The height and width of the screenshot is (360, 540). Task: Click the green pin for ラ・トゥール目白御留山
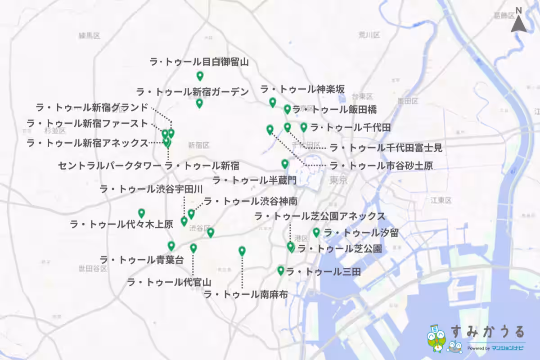pos(200,76)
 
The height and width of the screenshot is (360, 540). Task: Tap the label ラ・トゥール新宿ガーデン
pos(192,92)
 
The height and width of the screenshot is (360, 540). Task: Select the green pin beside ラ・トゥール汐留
pos(316,232)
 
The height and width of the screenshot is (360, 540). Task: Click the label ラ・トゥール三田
pos(323,271)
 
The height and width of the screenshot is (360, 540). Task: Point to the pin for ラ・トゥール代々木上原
pos(141,213)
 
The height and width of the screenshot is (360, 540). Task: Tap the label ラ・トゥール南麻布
pos(246,295)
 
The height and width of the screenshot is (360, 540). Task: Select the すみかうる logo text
pos(487,332)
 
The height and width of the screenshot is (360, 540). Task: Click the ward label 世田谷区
pos(93,269)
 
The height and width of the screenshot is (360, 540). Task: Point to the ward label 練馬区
pos(89,36)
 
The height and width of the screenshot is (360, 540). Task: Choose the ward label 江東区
pos(441,200)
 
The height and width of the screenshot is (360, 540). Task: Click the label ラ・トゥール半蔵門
pos(254,181)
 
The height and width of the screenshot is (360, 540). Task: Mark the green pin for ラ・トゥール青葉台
pos(171,246)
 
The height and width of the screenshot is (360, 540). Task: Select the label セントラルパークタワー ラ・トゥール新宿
pos(148,166)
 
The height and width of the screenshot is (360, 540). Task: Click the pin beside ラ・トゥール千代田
pos(304,127)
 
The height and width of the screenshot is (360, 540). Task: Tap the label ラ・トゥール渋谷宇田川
pos(151,189)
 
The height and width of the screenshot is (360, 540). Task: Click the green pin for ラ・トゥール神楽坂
pos(272,102)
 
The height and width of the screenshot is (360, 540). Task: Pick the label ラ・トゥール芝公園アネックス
pos(319,216)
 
